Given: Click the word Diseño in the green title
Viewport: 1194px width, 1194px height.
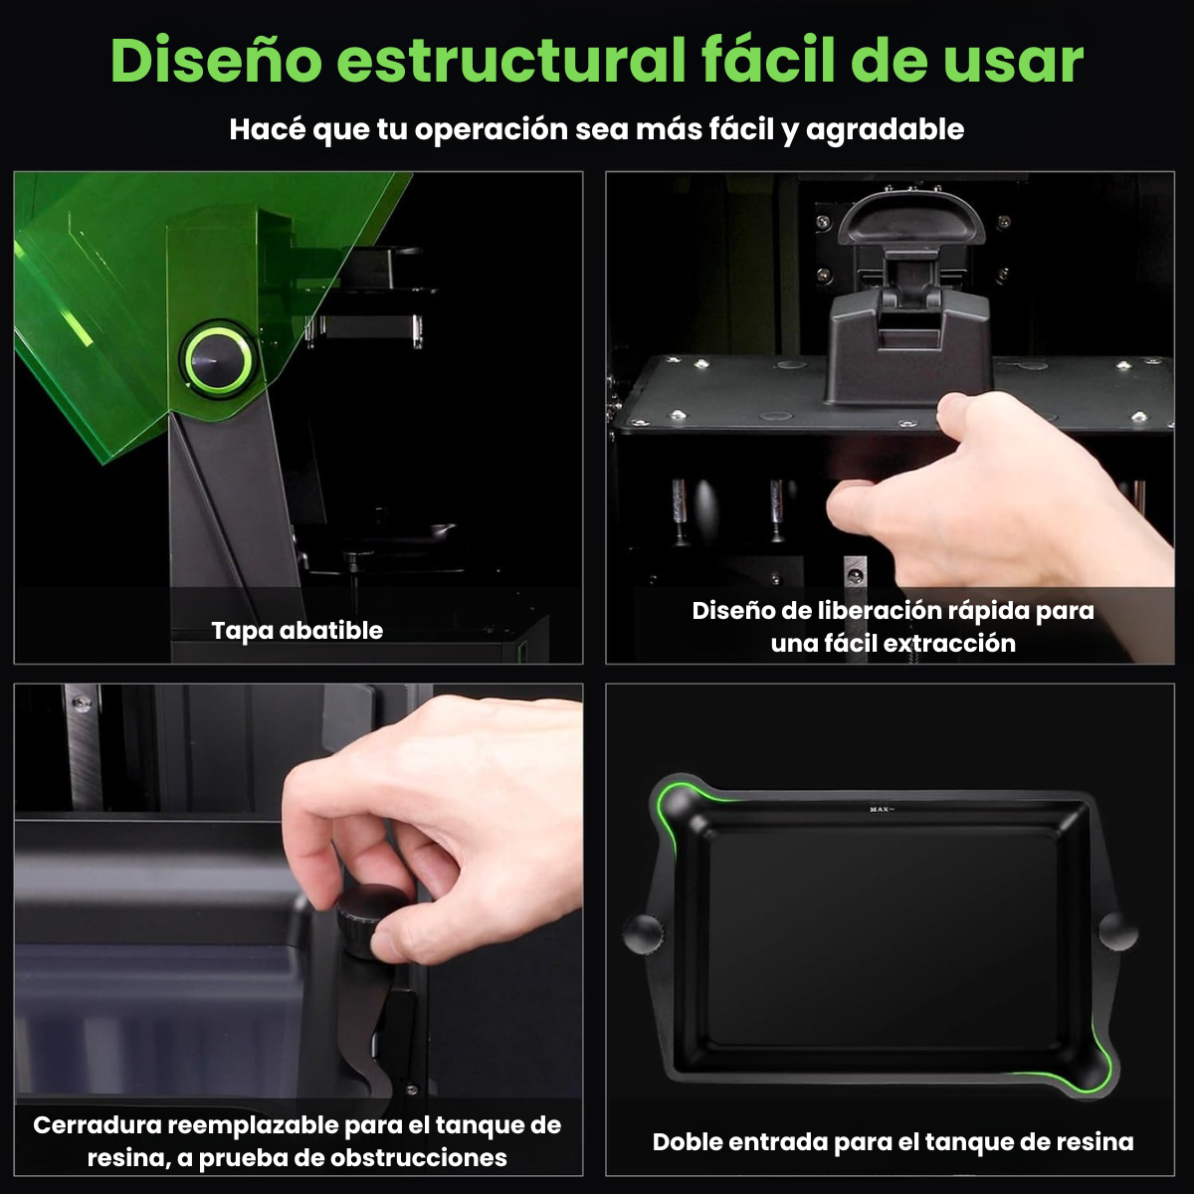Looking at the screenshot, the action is tap(216, 60).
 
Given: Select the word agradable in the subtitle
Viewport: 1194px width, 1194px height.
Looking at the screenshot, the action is tap(885, 130).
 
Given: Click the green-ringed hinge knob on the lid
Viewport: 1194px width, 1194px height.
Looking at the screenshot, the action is tap(217, 359).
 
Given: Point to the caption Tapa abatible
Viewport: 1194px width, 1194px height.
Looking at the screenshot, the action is tap(298, 630).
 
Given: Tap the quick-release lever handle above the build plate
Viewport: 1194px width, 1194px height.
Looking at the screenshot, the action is tap(909, 220).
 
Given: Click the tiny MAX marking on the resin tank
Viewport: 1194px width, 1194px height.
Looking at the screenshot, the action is tap(879, 809).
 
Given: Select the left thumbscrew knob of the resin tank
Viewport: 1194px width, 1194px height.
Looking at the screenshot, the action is tap(643, 932).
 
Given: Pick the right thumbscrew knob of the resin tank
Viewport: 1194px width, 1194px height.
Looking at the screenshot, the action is tap(1117, 929).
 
